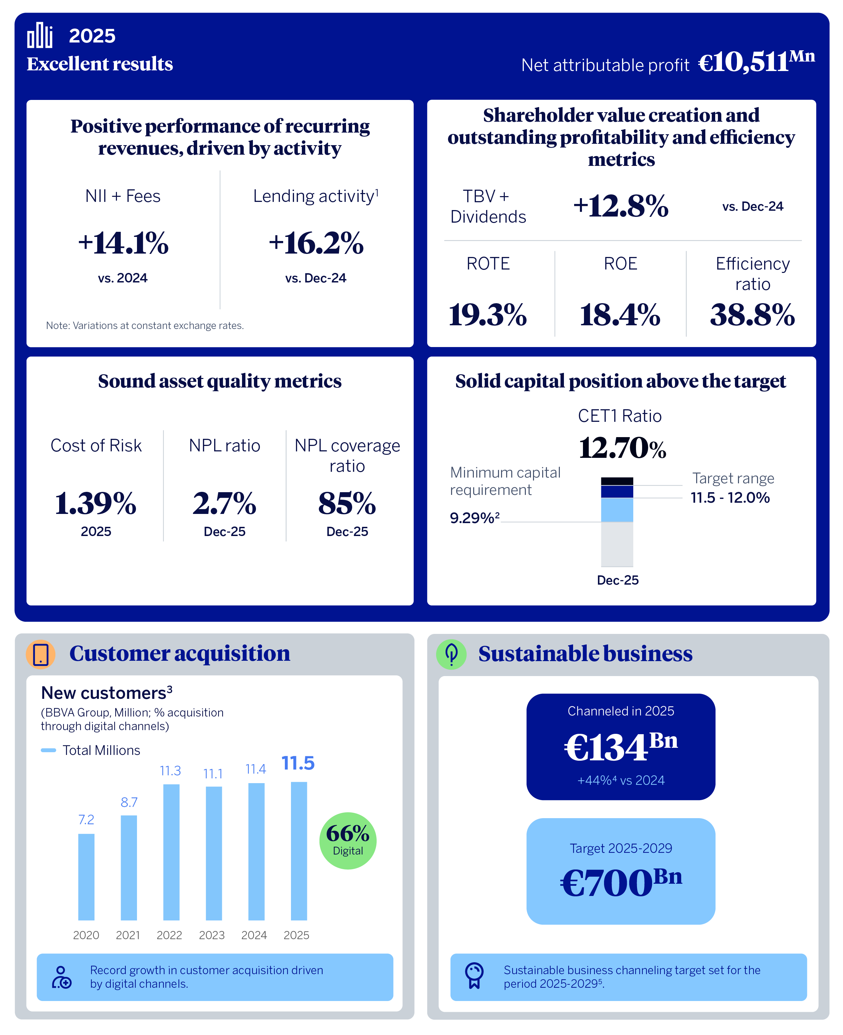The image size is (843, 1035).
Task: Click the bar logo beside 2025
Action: click(x=40, y=35)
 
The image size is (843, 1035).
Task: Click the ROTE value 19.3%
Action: click(x=487, y=314)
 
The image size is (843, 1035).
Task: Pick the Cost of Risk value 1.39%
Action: click(x=96, y=503)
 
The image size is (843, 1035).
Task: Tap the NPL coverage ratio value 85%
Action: click(x=347, y=503)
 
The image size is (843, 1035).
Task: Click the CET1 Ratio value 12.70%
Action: click(x=622, y=448)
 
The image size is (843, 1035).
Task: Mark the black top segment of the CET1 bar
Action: click(x=617, y=481)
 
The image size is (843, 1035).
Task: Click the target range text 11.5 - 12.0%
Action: click(x=730, y=498)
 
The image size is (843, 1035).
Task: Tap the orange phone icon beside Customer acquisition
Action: click(x=41, y=654)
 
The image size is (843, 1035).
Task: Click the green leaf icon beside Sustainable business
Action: click(x=451, y=654)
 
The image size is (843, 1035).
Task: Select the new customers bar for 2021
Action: click(x=129, y=867)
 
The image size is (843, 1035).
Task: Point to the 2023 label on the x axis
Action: click(x=212, y=935)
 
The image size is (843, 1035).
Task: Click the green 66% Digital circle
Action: click(x=348, y=840)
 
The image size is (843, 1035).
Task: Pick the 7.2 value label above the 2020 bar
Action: click(x=86, y=820)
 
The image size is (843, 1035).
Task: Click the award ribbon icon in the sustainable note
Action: click(x=474, y=976)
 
